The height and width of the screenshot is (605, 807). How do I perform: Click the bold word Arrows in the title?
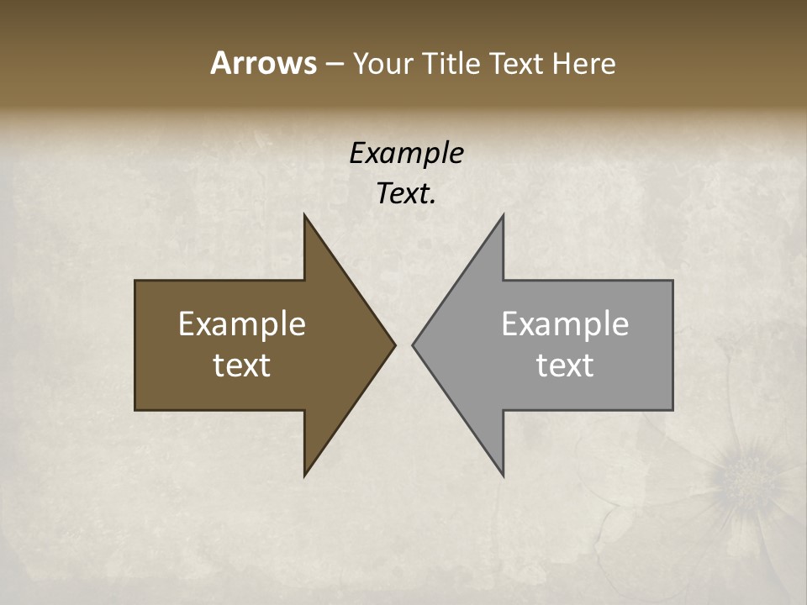[262, 63]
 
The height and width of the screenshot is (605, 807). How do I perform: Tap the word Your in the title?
[382, 63]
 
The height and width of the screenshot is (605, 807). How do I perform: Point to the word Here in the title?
[584, 63]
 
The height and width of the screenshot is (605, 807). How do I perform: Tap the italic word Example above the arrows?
[406, 153]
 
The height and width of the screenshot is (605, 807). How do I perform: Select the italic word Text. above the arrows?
[406, 194]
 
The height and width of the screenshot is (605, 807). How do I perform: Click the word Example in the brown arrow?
[242, 324]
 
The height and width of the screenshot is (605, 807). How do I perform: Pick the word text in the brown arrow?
[242, 365]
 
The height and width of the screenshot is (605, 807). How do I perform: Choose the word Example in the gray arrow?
[565, 324]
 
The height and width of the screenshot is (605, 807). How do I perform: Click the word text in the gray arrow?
[565, 365]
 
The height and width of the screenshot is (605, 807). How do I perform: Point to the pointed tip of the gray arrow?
[414, 345]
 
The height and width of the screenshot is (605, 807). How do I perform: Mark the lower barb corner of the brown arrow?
[305, 475]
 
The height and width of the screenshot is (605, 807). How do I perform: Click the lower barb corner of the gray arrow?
[503, 475]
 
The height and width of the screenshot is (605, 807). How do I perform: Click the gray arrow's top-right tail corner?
[672, 281]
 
